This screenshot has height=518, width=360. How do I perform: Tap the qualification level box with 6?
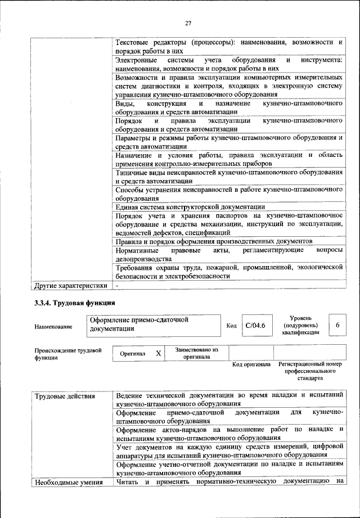pyautogui.click(x=337, y=326)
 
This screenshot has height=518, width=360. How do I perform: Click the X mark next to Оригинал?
pyautogui.click(x=159, y=353)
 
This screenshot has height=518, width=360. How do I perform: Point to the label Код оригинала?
pyautogui.click(x=251, y=364)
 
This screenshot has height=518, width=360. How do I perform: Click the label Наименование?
pyautogui.click(x=53, y=327)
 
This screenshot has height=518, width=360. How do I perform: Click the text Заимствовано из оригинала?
pyautogui.click(x=196, y=353)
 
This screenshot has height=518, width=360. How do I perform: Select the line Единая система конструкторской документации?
pyautogui.click(x=190, y=206)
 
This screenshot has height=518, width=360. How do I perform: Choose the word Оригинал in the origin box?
pyautogui.click(x=133, y=354)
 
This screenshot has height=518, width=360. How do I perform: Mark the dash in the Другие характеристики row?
pyautogui.click(x=117, y=285)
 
